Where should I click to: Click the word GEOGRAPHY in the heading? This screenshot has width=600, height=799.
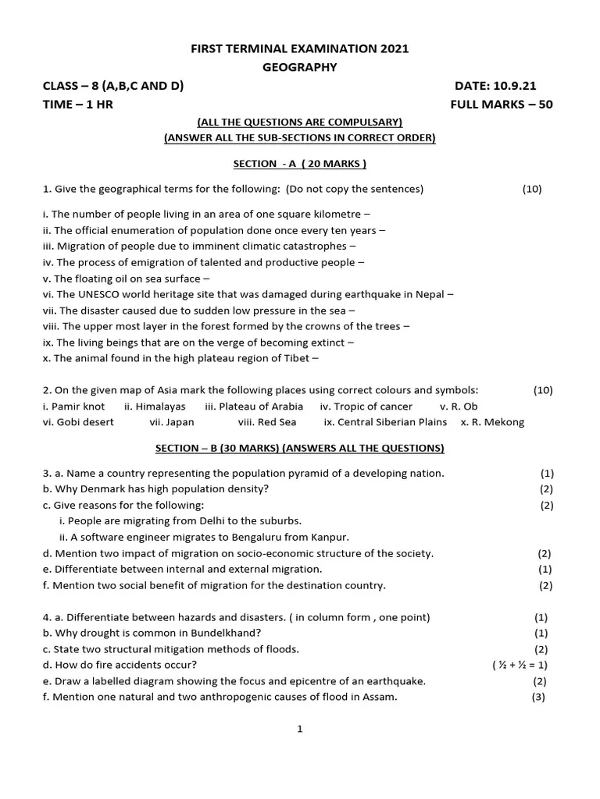(300, 67)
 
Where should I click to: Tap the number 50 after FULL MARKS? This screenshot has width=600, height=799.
(545, 105)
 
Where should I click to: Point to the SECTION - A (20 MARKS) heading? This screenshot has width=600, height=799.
(300, 164)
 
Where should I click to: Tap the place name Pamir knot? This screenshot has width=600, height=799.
(77, 407)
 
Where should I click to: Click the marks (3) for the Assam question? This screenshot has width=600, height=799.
(538, 698)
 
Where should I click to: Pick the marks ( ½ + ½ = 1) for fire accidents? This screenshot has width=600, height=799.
(520, 666)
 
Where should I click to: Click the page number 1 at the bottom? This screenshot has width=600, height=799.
(299, 730)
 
